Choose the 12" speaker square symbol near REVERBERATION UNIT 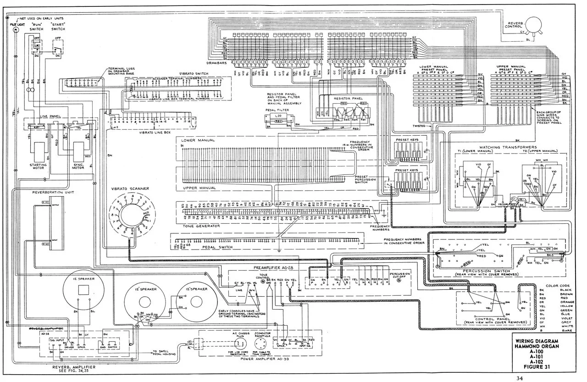pyautogui.click(x=83, y=290)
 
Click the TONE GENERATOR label pyautogui.click(x=200, y=226)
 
